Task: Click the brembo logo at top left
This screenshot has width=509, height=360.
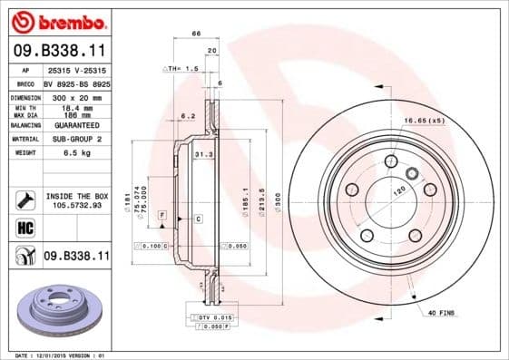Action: click(56, 20)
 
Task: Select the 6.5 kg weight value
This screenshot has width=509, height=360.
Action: click(75, 153)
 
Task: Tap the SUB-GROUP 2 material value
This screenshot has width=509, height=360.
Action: click(75, 139)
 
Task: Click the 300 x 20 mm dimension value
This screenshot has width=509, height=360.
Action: click(75, 95)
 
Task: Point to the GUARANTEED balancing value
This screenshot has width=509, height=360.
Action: click(75, 124)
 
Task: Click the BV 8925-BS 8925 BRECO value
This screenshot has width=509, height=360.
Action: click(75, 83)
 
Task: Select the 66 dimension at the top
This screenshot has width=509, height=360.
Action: click(196, 34)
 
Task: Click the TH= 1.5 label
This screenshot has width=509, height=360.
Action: click(177, 68)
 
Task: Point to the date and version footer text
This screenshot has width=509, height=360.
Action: click(55, 355)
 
